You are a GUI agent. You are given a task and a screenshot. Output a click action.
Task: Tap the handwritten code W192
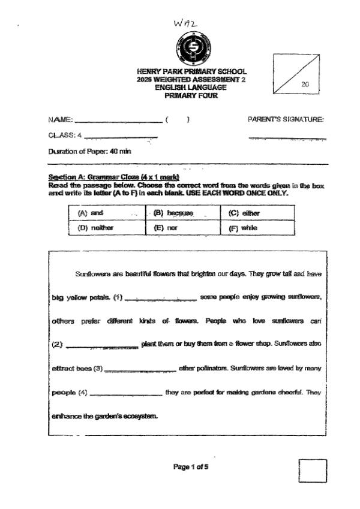click(x=185, y=22)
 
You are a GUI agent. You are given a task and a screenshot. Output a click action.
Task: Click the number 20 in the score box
click(x=305, y=85)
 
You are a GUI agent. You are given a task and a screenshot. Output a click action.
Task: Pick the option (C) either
click(x=244, y=213)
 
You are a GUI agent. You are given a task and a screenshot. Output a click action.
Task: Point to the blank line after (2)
click(x=102, y=345)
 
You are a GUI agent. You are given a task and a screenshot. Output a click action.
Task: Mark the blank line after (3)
click(x=140, y=369)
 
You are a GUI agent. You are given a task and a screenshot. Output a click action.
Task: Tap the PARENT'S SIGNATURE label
click(x=286, y=119)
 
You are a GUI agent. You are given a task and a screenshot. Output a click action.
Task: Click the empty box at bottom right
click(x=313, y=471)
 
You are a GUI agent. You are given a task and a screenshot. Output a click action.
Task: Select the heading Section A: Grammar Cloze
click(x=114, y=177)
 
